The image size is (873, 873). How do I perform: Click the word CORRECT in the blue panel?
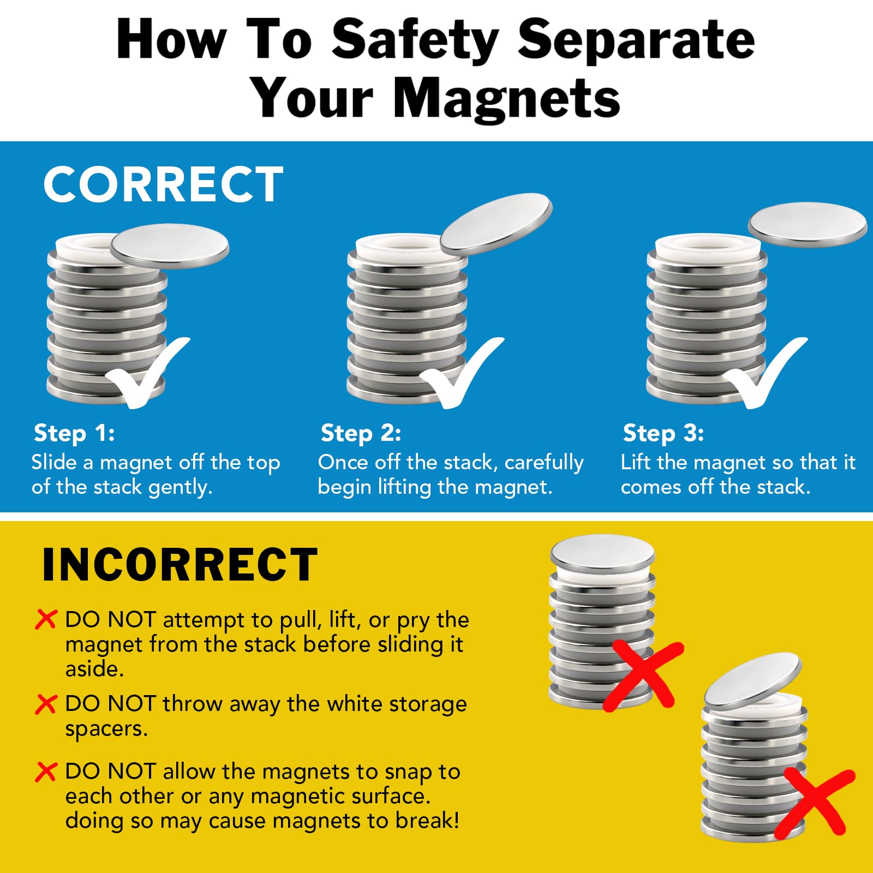(163, 184)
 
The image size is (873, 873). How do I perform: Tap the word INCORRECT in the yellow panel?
(180, 564)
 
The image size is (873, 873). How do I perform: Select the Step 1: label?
(74, 433)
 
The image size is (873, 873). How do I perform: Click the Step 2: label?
(361, 433)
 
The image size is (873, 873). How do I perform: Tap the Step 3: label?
(663, 433)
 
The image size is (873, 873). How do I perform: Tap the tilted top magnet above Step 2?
(496, 224)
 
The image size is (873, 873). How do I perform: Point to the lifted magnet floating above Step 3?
(808, 224)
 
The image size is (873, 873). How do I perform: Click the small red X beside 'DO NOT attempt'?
(46, 619)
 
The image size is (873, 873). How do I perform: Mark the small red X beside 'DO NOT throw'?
(46, 704)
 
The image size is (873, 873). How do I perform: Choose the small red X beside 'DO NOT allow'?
(46, 772)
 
